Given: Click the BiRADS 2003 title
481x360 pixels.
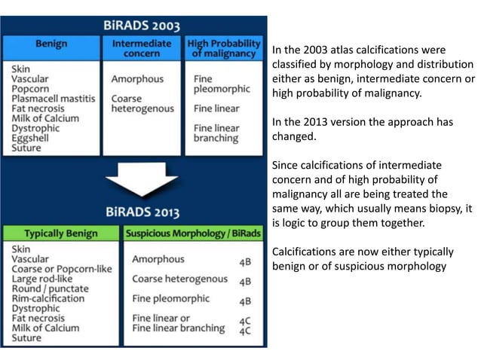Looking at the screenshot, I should pyautogui.click(x=141, y=26).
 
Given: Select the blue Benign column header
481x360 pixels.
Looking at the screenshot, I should pyautogui.click(x=51, y=44).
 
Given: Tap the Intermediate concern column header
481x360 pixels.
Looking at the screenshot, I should pyautogui.click(x=142, y=48).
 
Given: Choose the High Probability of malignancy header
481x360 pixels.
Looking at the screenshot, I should pyautogui.click(x=224, y=48).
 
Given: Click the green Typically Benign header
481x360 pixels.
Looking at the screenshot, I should pyautogui.click(x=60, y=233).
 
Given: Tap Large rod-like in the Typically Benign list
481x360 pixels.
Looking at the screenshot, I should pyautogui.click(x=46, y=278).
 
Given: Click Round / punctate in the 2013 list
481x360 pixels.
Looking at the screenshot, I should pyautogui.click(x=50, y=288).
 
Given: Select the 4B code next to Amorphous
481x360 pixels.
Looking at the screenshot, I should pyautogui.click(x=245, y=261).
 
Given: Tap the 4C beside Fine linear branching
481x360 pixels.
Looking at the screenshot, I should pyautogui.click(x=245, y=331).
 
